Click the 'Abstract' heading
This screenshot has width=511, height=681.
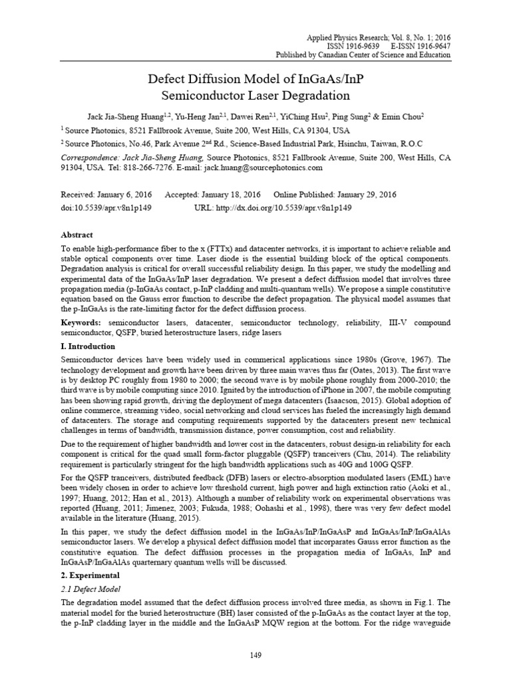pyautogui.click(x=77, y=235)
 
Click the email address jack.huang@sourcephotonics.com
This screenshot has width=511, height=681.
pyautogui.click(x=266, y=168)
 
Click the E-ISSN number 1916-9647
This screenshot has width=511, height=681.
pyautogui.click(x=425, y=46)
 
